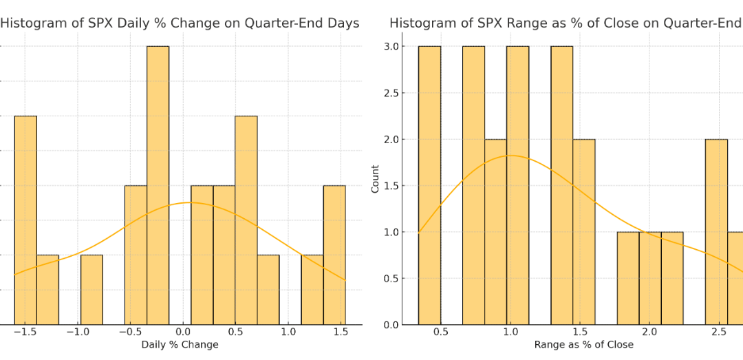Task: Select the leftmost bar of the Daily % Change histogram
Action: pos(25,220)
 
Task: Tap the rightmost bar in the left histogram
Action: pos(334,254)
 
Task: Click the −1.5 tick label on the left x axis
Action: pos(25,332)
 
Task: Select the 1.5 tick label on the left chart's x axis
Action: pos(340,332)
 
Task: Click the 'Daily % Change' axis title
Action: pos(180,345)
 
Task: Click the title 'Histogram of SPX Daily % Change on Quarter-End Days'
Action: pos(180,23)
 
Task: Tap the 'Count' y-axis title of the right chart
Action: pos(375,178)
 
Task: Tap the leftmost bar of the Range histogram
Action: pos(429,185)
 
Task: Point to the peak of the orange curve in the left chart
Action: pos(189,202)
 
